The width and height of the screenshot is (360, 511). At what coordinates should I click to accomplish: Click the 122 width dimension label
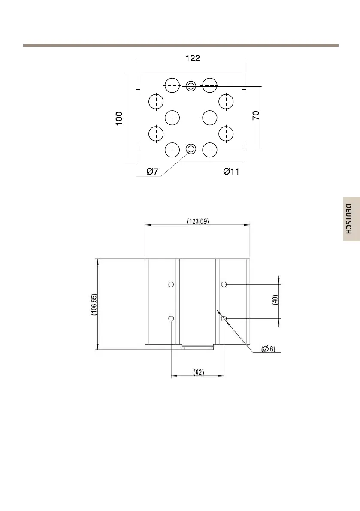[193, 58]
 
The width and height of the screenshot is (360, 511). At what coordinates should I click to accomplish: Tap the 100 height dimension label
[119, 118]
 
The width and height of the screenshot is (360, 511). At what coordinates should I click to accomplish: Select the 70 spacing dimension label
[256, 115]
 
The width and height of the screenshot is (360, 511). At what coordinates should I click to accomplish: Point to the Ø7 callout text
[152, 172]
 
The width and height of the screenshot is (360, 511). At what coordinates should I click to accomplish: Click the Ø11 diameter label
[231, 172]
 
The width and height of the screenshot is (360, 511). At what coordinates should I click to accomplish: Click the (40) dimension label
[275, 299]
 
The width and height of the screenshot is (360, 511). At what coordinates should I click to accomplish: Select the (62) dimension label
[199, 372]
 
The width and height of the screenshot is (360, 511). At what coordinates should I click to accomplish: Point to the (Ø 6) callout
[269, 349]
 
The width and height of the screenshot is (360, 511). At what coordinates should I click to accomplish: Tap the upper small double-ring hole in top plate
[191, 86]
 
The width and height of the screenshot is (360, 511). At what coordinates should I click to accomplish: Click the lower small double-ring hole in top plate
[191, 149]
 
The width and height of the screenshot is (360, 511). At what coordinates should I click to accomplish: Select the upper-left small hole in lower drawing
[171, 284]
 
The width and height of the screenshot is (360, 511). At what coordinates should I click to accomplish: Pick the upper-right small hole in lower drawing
[224, 284]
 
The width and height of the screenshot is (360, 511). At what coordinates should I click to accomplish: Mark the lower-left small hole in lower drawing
[171, 318]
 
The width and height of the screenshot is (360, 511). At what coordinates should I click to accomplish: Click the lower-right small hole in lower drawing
[224, 318]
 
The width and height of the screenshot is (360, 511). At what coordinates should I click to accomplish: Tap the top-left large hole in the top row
[172, 85]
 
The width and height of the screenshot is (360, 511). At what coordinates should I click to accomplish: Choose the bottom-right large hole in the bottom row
[210, 150]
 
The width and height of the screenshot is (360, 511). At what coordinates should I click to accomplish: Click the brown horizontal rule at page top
[181, 45]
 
